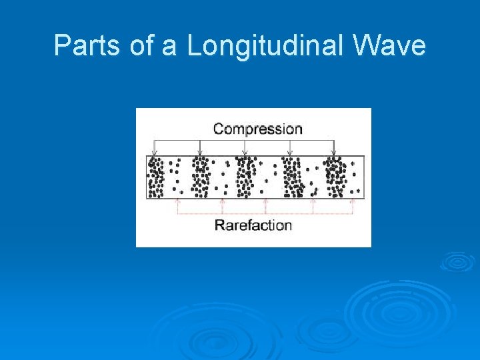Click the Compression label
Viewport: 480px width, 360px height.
(257, 129)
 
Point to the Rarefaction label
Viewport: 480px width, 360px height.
(253, 225)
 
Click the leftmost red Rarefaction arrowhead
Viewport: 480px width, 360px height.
(177, 201)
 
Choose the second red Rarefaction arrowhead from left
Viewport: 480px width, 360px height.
(223, 201)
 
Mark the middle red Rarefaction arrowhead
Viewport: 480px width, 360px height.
(266, 201)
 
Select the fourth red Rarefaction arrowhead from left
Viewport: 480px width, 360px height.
(313, 201)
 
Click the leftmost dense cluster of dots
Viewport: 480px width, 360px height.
(156, 177)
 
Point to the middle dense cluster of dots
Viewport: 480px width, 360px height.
(245, 177)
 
